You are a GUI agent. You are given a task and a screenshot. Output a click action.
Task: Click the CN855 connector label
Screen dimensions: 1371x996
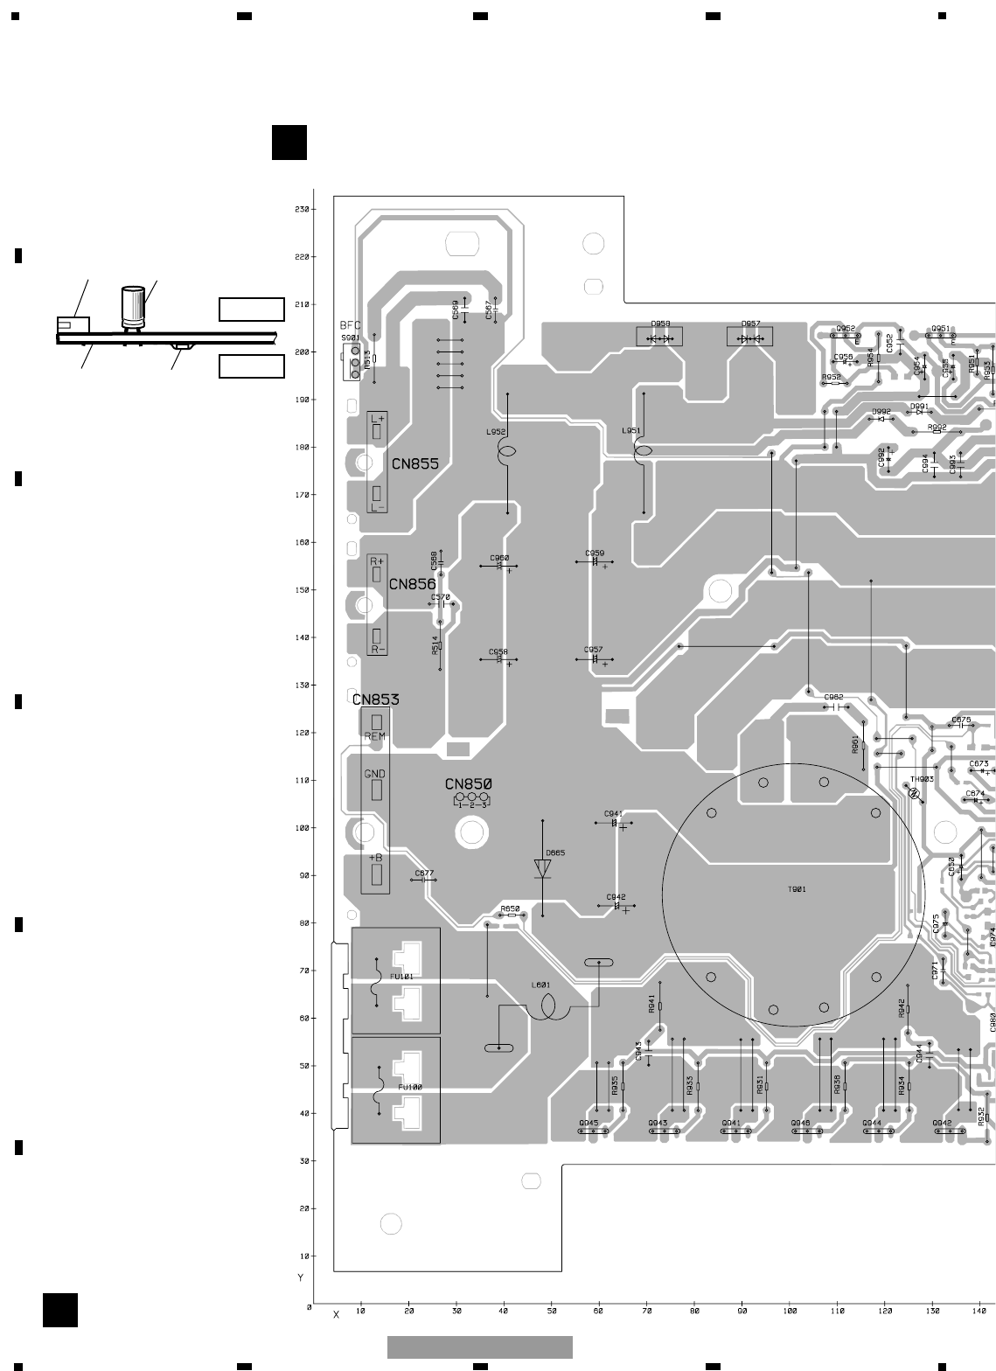tap(414, 464)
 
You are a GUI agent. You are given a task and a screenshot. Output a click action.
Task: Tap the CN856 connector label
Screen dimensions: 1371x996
tap(412, 584)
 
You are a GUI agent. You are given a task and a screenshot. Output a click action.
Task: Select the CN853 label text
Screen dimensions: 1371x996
tap(375, 699)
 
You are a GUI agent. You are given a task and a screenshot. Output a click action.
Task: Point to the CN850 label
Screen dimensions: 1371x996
tap(468, 784)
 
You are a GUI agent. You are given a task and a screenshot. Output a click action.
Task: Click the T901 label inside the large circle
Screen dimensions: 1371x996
tap(797, 890)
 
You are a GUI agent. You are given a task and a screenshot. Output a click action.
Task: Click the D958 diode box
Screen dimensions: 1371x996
tap(659, 337)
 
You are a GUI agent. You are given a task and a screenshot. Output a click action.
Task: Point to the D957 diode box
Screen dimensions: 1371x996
tap(750, 337)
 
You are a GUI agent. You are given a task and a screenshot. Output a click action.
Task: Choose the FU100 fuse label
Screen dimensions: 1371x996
tap(410, 1087)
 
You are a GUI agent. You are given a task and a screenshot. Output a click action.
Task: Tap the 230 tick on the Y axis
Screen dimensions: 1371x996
tap(302, 210)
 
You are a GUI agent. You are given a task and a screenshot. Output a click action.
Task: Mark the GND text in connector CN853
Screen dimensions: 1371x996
tap(374, 774)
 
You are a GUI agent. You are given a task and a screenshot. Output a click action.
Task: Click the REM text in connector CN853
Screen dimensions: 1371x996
tap(374, 736)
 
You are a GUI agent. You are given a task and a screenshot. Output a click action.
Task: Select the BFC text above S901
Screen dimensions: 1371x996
tap(350, 325)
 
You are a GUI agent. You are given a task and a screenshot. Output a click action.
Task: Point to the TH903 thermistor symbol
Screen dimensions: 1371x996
tap(915, 795)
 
